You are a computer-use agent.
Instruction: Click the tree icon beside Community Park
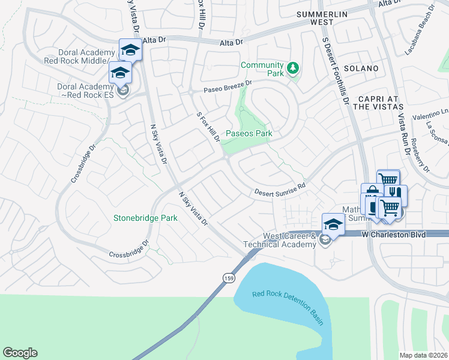click(x=293, y=69)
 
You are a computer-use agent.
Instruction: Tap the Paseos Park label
click(x=249, y=133)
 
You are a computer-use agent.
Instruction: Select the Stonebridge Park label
click(x=145, y=218)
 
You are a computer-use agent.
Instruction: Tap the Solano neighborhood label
click(x=361, y=68)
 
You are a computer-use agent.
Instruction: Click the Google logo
click(x=20, y=353)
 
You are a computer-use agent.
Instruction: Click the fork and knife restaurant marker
click(x=396, y=194)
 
